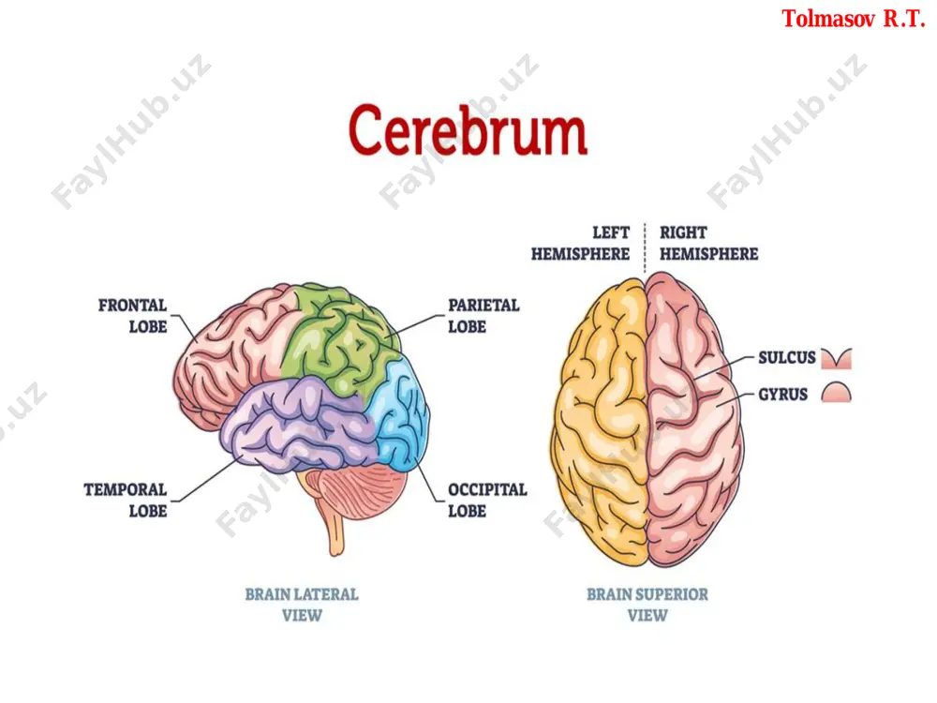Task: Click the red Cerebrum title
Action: pyautogui.click(x=468, y=129)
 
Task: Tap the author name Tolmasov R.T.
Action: pyautogui.click(x=854, y=19)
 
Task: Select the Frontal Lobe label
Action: pyautogui.click(x=133, y=316)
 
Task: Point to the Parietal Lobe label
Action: pyautogui.click(x=483, y=316)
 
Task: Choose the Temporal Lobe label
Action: pyautogui.click(x=126, y=501)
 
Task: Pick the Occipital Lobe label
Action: pyautogui.click(x=487, y=501)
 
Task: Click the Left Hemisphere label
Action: pyautogui.click(x=580, y=243)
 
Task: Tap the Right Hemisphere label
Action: pyautogui.click(x=708, y=243)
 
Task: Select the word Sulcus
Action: pyautogui.click(x=786, y=357)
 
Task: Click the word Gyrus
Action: pyautogui.click(x=782, y=395)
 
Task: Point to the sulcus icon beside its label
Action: pyautogui.click(x=836, y=358)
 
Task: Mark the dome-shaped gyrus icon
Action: pyautogui.click(x=836, y=393)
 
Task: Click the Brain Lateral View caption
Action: pyautogui.click(x=302, y=605)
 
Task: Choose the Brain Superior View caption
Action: pyautogui.click(x=647, y=605)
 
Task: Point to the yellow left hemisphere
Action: pyautogui.click(x=601, y=418)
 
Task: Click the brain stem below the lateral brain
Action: pyautogui.click(x=335, y=526)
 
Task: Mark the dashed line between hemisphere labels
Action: pyautogui.click(x=645, y=248)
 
